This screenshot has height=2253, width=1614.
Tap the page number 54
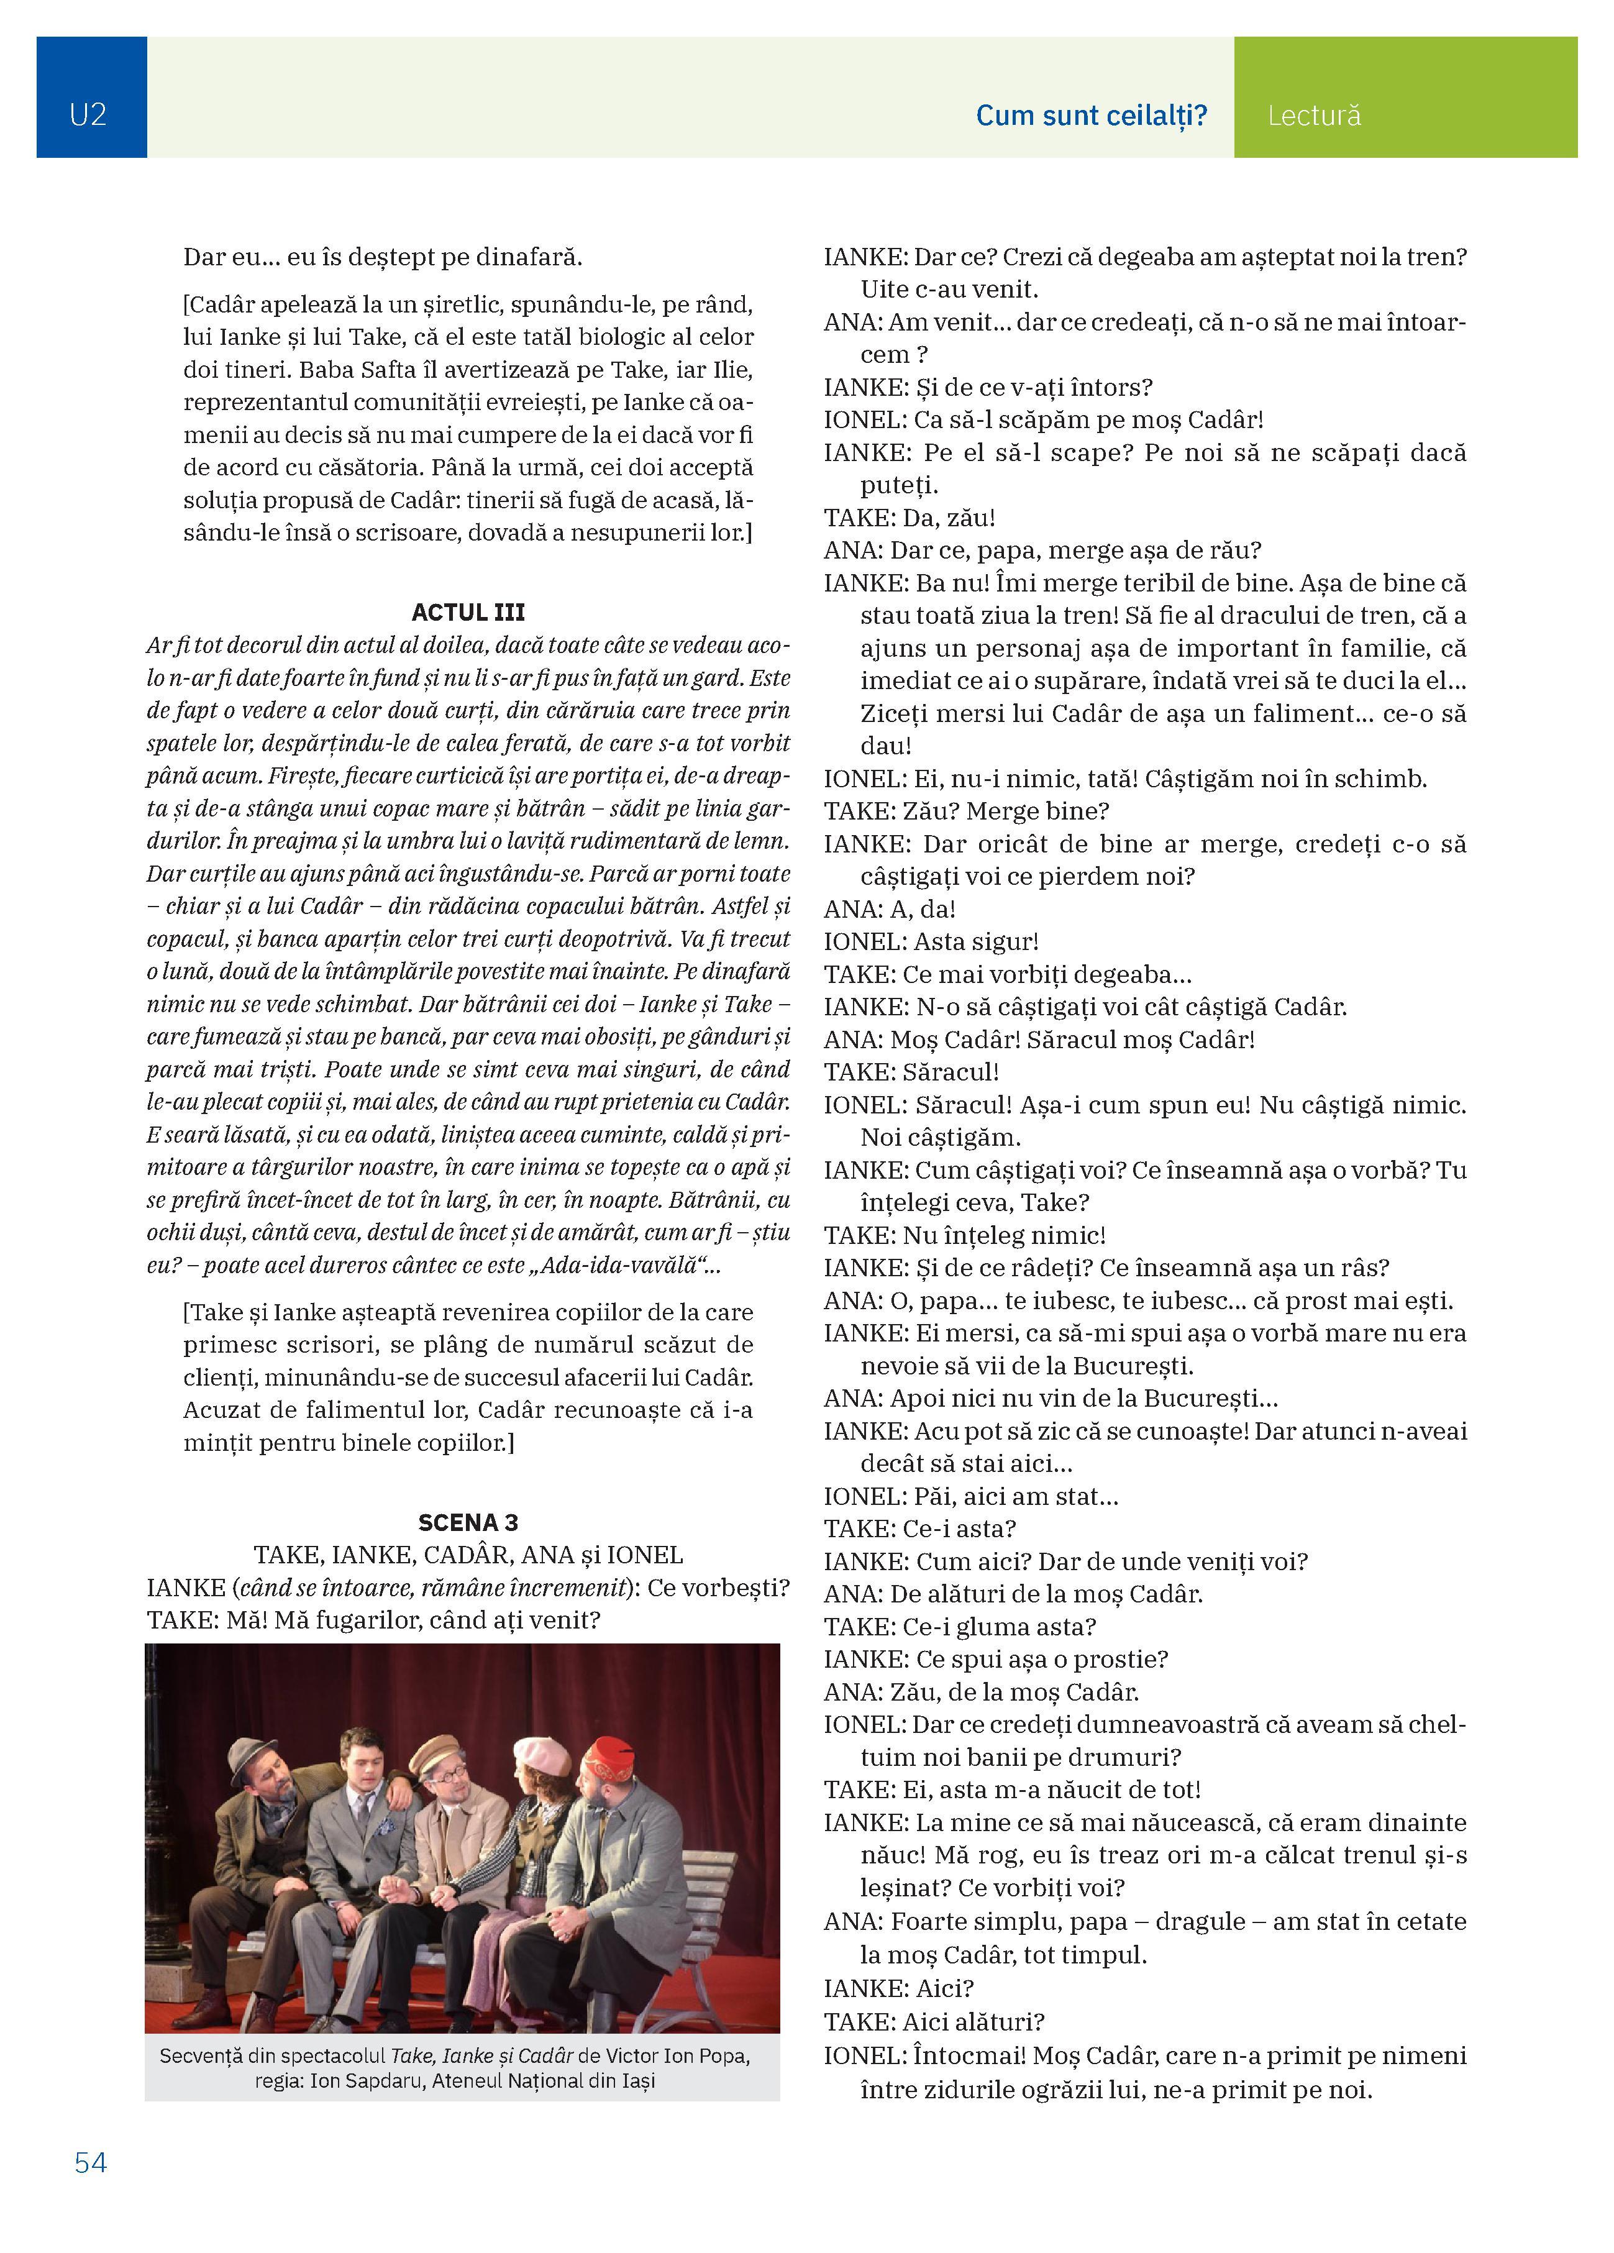tap(90, 2163)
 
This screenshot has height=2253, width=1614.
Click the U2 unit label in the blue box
tap(88, 115)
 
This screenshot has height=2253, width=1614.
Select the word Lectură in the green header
tap(1313, 116)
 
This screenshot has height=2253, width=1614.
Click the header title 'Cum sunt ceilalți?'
tap(1090, 116)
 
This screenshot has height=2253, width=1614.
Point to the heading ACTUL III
tap(468, 612)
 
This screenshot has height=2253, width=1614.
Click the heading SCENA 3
tap(468, 1523)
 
